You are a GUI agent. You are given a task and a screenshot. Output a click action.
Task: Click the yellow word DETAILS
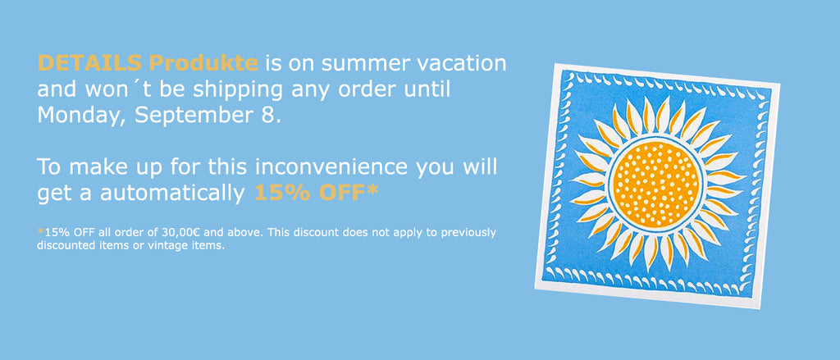90,63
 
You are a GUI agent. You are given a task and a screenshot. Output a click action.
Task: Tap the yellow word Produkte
203,63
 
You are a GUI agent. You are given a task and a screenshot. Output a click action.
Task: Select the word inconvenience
331,167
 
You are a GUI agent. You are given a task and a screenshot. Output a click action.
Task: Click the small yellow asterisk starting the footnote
41,231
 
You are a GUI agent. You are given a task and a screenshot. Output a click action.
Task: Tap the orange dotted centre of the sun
656,185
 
